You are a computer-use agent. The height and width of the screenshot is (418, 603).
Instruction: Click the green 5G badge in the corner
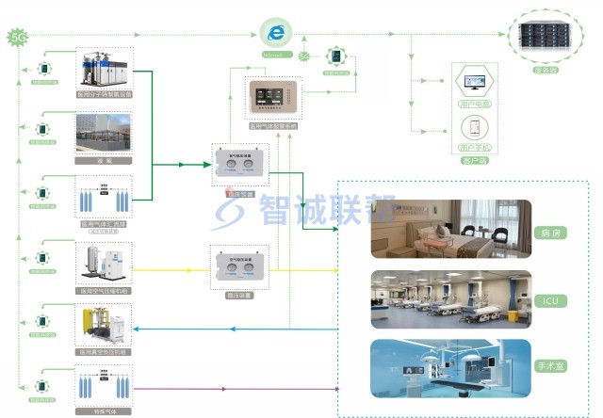[16, 38]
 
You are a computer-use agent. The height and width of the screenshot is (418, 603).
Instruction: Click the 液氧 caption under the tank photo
[104, 161]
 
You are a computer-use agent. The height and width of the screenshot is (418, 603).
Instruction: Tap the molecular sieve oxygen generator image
[104, 68]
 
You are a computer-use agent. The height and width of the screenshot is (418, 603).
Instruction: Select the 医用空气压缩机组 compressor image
[104, 264]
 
